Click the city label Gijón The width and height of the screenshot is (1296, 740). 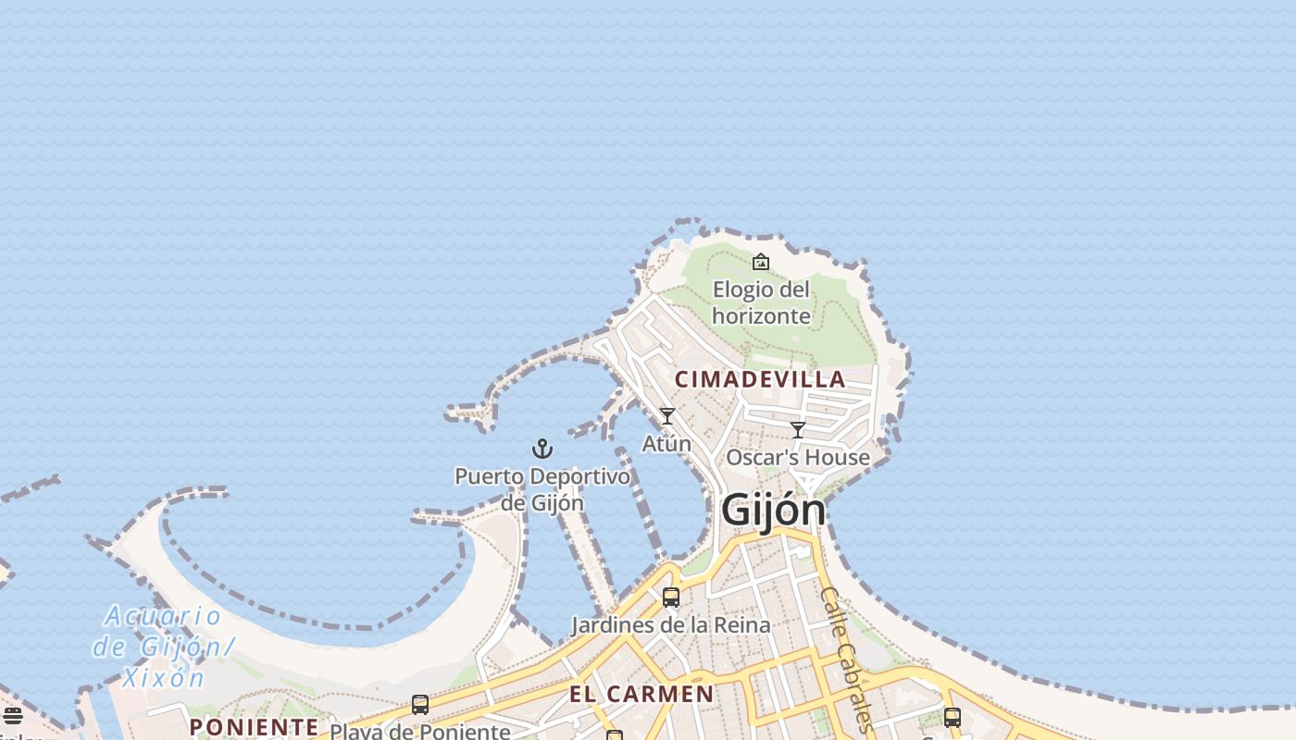(x=773, y=510)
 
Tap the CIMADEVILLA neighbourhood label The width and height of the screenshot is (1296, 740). (x=760, y=379)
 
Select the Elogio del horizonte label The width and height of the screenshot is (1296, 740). (x=761, y=302)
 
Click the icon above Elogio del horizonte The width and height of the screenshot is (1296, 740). (x=761, y=262)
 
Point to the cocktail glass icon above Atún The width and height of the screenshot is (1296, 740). (x=667, y=416)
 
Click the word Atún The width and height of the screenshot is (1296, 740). (x=667, y=444)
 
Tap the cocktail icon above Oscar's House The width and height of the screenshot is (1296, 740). (x=798, y=430)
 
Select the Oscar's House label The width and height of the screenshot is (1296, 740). (x=798, y=458)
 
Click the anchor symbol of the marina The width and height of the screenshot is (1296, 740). (x=542, y=450)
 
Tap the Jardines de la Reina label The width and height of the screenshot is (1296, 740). (x=670, y=625)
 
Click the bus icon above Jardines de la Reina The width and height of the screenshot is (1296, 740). (x=671, y=598)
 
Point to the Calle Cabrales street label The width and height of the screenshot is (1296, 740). (x=846, y=659)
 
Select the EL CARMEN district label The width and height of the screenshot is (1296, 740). (x=642, y=695)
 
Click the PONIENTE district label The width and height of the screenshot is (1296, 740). (x=254, y=727)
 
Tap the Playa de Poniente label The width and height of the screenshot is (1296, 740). (x=420, y=732)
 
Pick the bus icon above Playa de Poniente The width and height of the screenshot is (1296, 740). (x=420, y=705)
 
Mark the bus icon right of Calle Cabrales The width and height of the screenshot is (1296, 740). (x=953, y=717)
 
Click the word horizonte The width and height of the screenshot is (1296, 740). (x=761, y=316)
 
